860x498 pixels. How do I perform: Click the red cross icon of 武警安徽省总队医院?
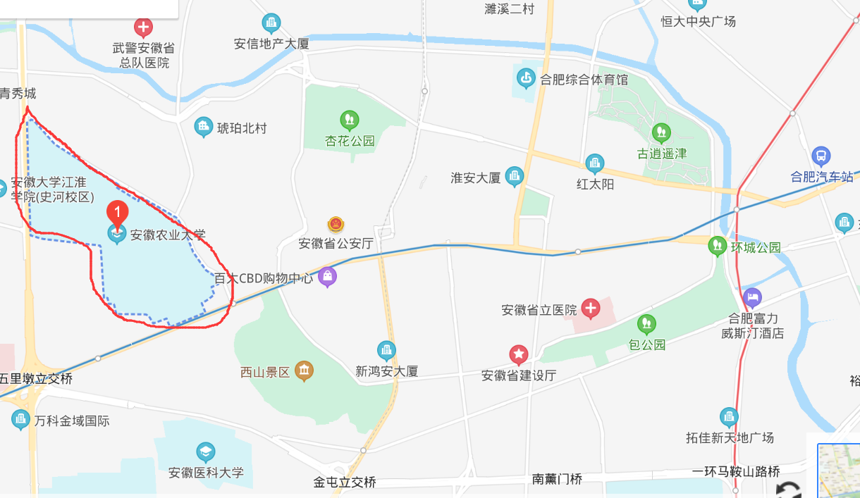144,28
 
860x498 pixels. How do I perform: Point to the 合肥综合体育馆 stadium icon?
526,78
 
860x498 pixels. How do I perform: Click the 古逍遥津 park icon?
661,132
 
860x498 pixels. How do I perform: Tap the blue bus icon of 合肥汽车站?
821,156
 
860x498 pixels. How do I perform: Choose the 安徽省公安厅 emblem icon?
336,225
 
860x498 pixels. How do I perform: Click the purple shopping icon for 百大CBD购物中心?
327,277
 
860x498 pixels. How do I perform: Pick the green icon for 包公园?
646,324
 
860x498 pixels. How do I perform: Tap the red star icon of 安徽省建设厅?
519,354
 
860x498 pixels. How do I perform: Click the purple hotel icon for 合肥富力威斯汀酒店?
752,297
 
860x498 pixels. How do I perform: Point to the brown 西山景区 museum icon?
304,370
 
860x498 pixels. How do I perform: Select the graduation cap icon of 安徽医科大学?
205,452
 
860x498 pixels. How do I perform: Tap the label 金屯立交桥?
345,483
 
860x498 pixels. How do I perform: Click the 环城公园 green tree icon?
718,246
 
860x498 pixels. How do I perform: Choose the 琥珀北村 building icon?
204,127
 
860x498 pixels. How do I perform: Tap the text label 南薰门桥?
558,479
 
